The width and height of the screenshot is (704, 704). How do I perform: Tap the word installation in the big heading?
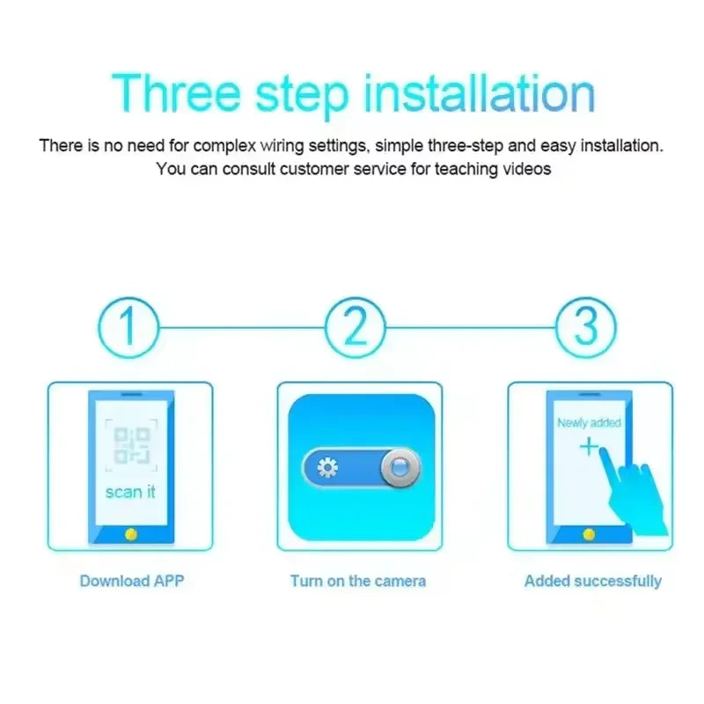tap(479, 92)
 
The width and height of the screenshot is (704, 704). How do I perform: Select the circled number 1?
tap(129, 326)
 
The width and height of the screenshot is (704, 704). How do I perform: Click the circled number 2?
tap(356, 326)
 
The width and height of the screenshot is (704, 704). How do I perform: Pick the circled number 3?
tap(586, 326)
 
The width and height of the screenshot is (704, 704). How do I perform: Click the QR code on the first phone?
tap(130, 444)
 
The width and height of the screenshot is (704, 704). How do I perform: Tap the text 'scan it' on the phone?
tap(130, 492)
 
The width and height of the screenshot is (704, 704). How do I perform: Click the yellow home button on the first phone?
tap(130, 533)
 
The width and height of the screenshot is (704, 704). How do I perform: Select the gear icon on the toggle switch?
tap(327, 467)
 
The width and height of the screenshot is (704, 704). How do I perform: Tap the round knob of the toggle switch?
tap(400, 467)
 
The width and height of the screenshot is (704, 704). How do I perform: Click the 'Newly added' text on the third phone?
tap(589, 423)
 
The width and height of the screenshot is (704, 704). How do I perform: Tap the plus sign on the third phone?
tap(588, 447)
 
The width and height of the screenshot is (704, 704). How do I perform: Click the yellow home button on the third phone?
tap(589, 533)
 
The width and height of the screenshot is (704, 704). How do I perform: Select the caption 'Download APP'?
tap(132, 581)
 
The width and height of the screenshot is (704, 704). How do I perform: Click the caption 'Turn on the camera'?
tap(358, 581)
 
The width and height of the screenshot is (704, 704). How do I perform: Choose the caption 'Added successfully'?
tap(593, 581)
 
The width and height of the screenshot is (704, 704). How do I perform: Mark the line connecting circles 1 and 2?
tap(242, 327)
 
